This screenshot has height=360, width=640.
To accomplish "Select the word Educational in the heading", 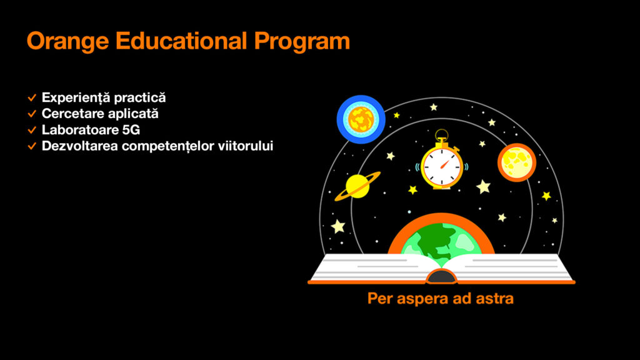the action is pyautogui.click(x=181, y=41).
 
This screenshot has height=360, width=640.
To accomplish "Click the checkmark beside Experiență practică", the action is pyautogui.click(x=32, y=98).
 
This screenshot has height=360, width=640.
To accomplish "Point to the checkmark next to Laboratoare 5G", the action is pyautogui.click(x=32, y=130).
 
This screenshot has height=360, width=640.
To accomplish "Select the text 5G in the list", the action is pyautogui.click(x=131, y=130).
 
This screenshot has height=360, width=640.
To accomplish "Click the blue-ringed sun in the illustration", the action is pyautogui.click(x=361, y=119).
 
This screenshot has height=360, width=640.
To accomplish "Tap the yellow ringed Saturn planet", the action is pyautogui.click(x=357, y=186).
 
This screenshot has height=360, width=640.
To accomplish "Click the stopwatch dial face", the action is pyautogui.click(x=442, y=166).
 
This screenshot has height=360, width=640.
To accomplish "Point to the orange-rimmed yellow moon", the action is pyautogui.click(x=517, y=162).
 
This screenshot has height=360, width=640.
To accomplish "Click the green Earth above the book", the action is pyautogui.click(x=441, y=241).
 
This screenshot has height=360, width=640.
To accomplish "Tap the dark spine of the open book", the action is pyautogui.click(x=441, y=277).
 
